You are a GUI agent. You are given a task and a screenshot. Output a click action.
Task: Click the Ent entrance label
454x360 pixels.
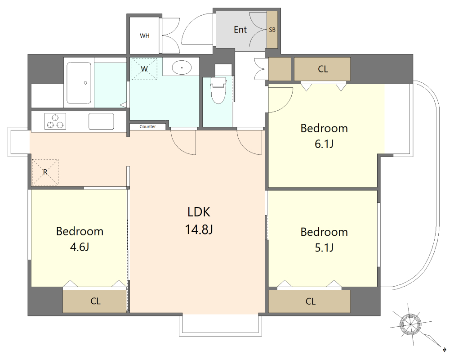point(240,30)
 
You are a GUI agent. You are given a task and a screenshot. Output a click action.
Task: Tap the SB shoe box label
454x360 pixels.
point(272,30)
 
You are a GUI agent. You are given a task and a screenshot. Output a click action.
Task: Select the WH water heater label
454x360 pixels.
point(144,36)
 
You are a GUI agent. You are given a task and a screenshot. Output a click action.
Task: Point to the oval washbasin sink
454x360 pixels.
point(182,67)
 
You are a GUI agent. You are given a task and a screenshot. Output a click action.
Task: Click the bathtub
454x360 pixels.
point(79,83)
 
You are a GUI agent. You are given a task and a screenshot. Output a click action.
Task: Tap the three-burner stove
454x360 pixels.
point(55,121)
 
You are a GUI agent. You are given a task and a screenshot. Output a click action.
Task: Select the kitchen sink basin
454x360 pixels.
point(101,121)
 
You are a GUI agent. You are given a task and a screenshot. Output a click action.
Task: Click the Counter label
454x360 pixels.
point(148,126)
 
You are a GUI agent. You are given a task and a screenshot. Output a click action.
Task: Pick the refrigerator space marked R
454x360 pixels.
point(45,172)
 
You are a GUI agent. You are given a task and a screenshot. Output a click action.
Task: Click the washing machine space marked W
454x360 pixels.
point(144,69)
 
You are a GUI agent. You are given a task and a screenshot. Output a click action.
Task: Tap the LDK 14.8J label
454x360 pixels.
point(199,220)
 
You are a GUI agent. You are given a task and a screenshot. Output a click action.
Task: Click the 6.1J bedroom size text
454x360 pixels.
point(324,144)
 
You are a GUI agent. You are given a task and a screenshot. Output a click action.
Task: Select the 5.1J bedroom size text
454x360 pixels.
point(324,248)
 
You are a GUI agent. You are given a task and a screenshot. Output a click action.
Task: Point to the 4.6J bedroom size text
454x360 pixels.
point(79,247)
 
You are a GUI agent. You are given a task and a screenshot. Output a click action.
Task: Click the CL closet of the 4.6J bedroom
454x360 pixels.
point(95,301)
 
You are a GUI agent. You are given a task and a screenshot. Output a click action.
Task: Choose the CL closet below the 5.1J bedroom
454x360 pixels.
point(310,301)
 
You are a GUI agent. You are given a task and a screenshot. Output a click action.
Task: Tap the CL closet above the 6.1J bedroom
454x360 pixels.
point(322,69)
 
